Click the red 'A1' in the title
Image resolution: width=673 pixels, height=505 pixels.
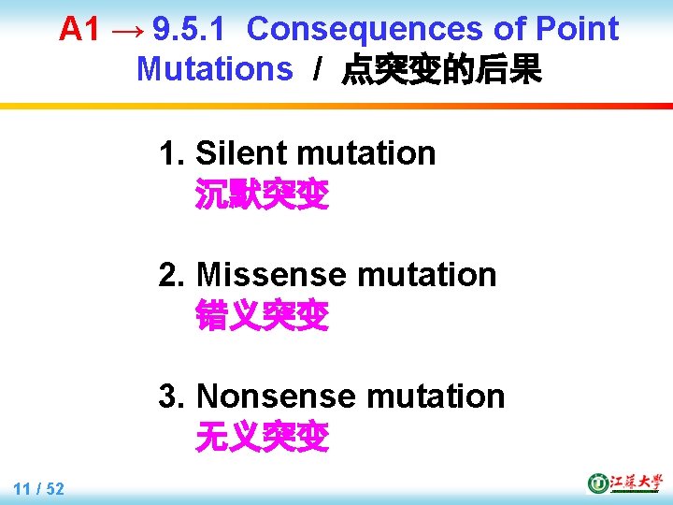pos(79,30)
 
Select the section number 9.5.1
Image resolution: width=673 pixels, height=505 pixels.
pos(188,30)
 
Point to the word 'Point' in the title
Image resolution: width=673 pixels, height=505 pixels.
pos(577,30)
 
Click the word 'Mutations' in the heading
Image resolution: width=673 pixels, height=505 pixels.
pos(214,68)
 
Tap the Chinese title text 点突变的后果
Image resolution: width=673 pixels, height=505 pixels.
pos(441,69)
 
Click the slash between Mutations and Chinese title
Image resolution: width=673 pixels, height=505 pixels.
pos(318,69)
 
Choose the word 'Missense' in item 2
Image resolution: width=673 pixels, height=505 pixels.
pos(271,275)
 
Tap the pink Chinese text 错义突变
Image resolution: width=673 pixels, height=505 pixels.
pos(262,316)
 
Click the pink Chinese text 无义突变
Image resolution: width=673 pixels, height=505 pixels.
pos(262,437)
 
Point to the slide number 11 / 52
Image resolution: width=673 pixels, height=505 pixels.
pos(39,488)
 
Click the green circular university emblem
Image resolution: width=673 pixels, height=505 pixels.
pos(597,483)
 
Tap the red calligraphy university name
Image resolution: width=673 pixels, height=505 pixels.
pos(636,483)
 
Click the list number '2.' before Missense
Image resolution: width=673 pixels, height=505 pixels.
pos(173,275)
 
